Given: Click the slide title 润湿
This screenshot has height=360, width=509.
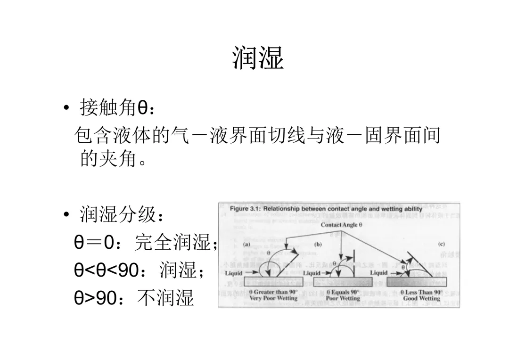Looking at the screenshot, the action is (258, 58).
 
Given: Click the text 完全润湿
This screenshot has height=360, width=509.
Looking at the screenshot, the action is (174, 243).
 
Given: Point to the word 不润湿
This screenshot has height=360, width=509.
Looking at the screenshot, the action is (165, 298).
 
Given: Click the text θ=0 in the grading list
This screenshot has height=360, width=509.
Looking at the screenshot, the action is (94, 244).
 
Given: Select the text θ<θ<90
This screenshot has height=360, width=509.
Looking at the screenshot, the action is (107, 271).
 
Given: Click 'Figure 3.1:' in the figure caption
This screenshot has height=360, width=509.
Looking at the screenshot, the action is (245, 209).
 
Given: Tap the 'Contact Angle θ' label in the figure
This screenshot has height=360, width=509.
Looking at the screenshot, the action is (341, 225).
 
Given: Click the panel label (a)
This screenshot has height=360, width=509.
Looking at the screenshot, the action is (246, 245).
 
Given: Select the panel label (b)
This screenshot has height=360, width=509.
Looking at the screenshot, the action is (318, 245).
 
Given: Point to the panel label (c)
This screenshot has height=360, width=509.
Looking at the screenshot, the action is (442, 244).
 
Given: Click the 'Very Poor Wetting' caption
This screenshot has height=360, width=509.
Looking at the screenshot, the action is (273, 298).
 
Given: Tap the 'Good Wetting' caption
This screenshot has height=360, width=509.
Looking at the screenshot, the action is (421, 298).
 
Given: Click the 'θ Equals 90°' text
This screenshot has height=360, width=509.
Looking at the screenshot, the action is (343, 292).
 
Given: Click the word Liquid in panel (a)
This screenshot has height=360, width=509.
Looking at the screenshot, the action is (234, 273).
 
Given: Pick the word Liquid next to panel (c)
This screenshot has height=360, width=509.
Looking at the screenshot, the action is (378, 273).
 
